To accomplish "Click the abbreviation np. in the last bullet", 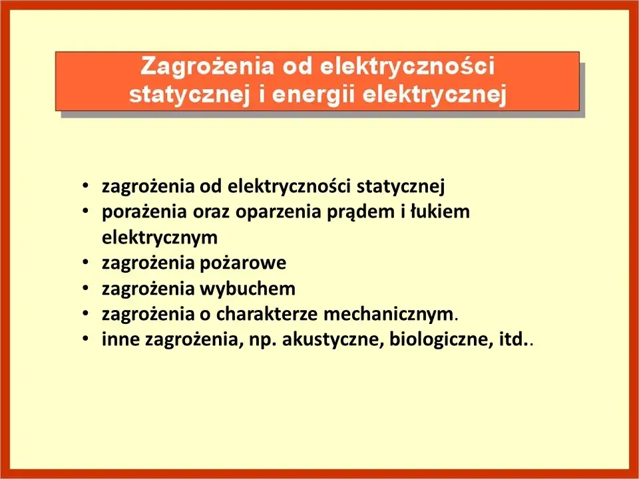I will (x=264, y=340).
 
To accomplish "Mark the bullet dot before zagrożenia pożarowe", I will (x=86, y=263).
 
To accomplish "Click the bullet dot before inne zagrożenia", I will (x=86, y=340).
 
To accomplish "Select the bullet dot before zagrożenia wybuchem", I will (x=86, y=289).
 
